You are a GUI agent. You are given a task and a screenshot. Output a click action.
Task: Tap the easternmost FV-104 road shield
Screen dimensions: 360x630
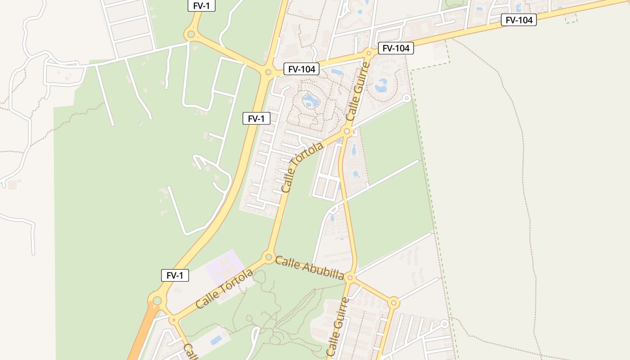[x=519, y=20]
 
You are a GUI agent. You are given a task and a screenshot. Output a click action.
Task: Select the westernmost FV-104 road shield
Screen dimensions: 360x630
[x=301, y=69]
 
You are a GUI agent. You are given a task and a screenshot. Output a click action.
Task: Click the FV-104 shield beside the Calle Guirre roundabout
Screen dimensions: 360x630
[x=396, y=48]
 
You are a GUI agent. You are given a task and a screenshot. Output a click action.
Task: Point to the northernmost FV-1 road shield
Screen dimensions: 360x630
[x=202, y=6]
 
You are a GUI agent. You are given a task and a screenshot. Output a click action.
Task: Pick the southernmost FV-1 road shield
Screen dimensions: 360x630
[x=175, y=275]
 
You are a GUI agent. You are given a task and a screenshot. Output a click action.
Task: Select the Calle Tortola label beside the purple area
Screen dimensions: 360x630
[x=225, y=289]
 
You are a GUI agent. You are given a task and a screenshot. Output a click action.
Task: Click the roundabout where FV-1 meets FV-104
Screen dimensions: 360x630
[x=268, y=72]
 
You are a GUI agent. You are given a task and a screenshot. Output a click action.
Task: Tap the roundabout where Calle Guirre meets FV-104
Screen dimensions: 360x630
[x=369, y=53]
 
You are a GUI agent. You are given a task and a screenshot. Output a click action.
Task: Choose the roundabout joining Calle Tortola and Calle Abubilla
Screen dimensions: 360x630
[x=269, y=257]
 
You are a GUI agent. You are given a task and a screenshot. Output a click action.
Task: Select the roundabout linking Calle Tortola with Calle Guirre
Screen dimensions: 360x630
[x=346, y=131]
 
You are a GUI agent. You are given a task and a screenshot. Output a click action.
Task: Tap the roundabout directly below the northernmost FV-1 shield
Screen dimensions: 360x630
[x=191, y=34]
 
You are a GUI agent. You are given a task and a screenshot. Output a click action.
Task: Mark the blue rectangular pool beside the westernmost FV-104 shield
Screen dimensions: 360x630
[x=337, y=72]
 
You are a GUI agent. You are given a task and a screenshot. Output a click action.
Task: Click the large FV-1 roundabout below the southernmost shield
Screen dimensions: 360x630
[x=157, y=300]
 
